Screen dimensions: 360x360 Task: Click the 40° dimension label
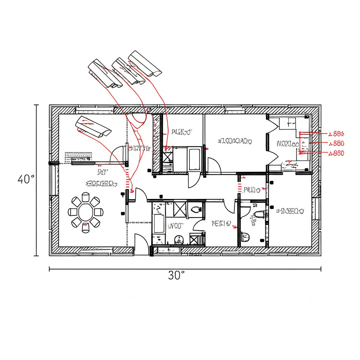(26, 179)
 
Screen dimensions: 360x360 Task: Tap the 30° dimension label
(176, 276)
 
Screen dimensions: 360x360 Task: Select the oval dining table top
(86, 212)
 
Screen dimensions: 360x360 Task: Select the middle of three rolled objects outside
(128, 71)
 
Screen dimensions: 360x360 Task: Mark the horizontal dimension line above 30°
(185, 269)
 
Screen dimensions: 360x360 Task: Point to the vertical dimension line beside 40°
(36, 180)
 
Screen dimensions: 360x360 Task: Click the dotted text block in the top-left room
(79, 157)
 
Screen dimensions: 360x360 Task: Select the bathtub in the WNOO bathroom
(159, 224)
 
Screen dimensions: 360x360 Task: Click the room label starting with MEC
(221, 223)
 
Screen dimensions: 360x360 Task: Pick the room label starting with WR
(288, 144)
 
